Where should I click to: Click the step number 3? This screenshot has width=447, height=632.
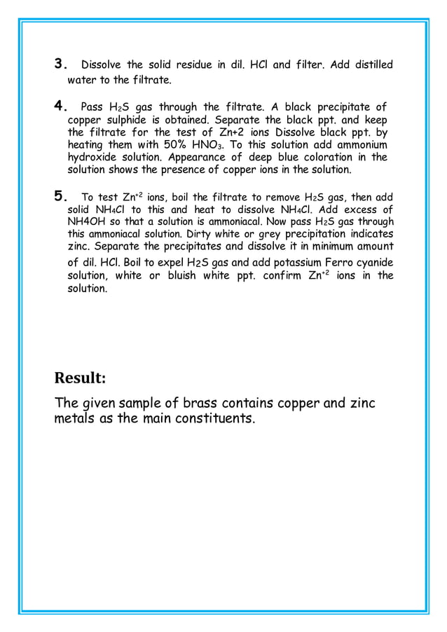pyautogui.click(x=60, y=66)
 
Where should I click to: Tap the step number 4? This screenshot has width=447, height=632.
pyautogui.click(x=60, y=108)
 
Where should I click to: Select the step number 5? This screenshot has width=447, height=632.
pyautogui.click(x=60, y=197)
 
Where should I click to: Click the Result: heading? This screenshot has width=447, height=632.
pyautogui.click(x=80, y=378)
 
